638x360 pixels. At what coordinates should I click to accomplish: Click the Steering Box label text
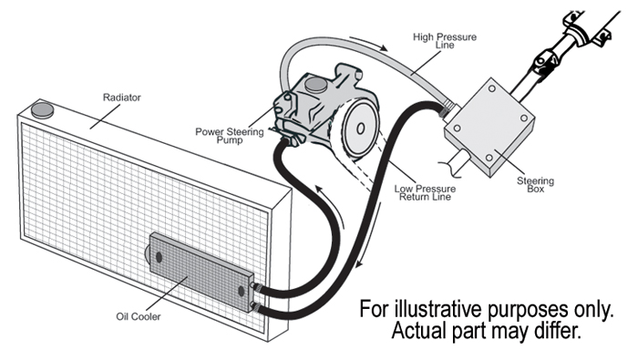[x=540, y=185]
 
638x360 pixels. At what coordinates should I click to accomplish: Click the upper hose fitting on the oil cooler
[x=255, y=288]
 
